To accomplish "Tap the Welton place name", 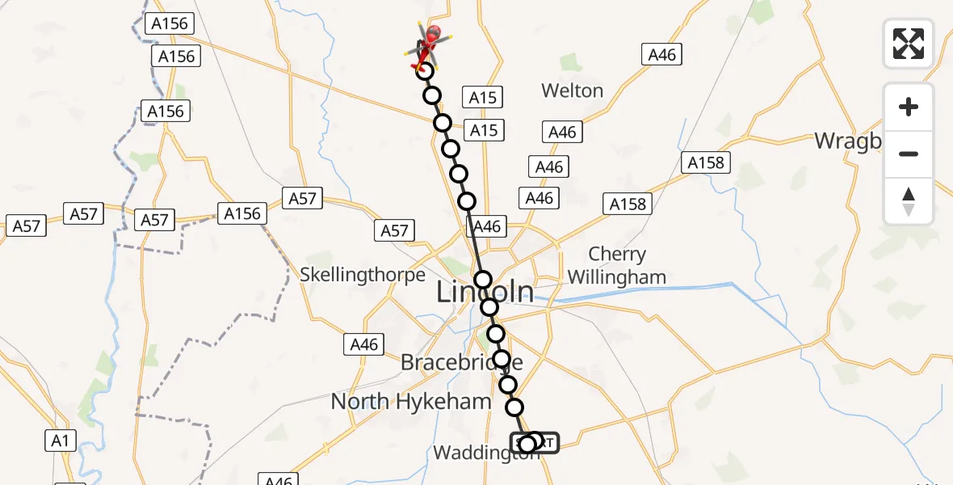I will tap(572, 91).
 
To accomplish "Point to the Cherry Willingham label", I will tap(616, 266).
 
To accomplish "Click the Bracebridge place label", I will tap(461, 362).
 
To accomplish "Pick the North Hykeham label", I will tap(410, 401).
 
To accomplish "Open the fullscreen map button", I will tap(909, 44).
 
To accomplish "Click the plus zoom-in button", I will tap(909, 107).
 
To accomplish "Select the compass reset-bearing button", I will tap(909, 200).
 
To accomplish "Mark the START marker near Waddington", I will tap(535, 443).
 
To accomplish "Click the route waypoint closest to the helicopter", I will tap(425, 71).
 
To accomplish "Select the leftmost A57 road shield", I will tap(26, 226).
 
